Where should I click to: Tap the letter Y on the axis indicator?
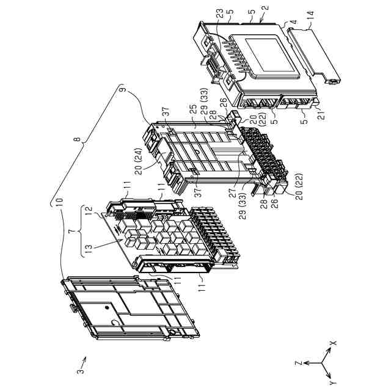point(332,382)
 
